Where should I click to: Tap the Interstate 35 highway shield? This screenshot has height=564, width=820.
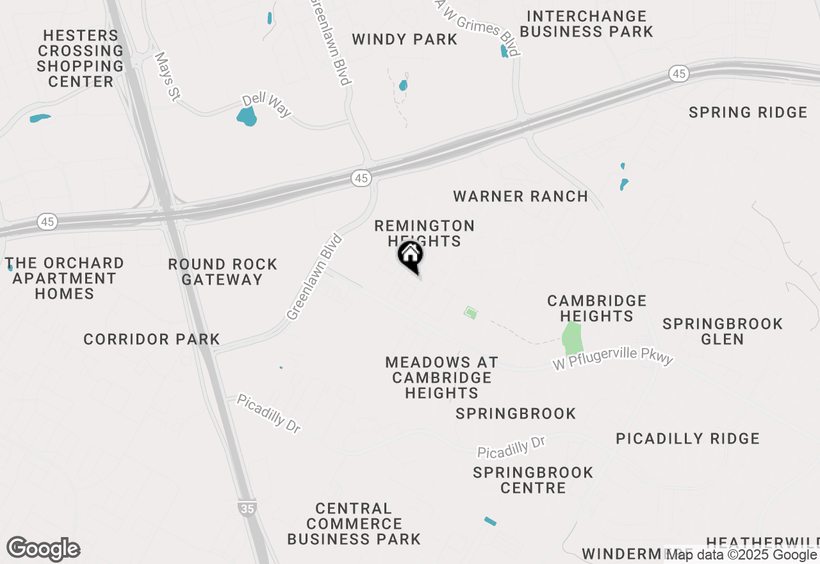[247, 508]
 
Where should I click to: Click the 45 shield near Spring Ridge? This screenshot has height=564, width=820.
[679, 74]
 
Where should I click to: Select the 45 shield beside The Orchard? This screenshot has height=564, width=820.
[47, 222]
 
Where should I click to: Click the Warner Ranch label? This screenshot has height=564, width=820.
[520, 196]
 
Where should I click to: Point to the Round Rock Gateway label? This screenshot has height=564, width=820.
[222, 272]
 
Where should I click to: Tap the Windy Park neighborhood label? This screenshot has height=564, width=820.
[405, 40]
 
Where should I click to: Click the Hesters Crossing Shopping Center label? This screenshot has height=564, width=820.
[80, 58]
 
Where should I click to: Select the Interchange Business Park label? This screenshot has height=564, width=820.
[586, 24]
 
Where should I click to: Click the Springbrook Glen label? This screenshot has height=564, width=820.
[723, 331]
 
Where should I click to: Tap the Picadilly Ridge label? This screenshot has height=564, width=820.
[687, 438]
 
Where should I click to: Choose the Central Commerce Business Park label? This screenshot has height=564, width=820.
[354, 524]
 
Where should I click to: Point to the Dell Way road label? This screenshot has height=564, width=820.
[266, 106]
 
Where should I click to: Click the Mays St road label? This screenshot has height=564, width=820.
[167, 77]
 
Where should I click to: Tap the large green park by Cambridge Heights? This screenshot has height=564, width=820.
[571, 338]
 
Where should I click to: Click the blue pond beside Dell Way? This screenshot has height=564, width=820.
[247, 117]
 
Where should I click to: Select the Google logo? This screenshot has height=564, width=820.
[43, 549]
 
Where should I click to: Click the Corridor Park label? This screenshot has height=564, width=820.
[151, 339]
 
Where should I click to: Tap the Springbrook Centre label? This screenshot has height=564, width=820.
[533, 480]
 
